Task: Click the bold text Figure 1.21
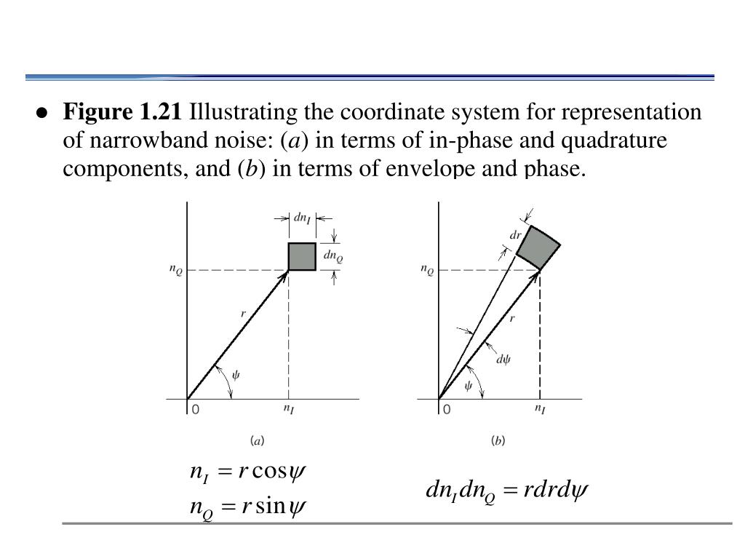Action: (x=121, y=113)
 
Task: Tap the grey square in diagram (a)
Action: (x=302, y=256)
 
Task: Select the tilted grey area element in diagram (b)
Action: (x=538, y=247)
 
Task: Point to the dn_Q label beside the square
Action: (x=333, y=256)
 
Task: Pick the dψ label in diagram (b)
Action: (x=502, y=358)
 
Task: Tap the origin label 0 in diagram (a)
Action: (x=195, y=410)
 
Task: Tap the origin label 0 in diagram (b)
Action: (x=446, y=410)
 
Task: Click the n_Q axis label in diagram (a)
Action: (x=177, y=271)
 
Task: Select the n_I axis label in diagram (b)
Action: (x=540, y=410)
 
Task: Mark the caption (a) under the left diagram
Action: (x=257, y=440)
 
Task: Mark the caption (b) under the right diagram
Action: (x=498, y=440)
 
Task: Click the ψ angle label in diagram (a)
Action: (x=236, y=375)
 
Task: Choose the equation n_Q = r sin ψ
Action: (x=247, y=504)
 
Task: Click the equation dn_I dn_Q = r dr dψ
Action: (x=506, y=491)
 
